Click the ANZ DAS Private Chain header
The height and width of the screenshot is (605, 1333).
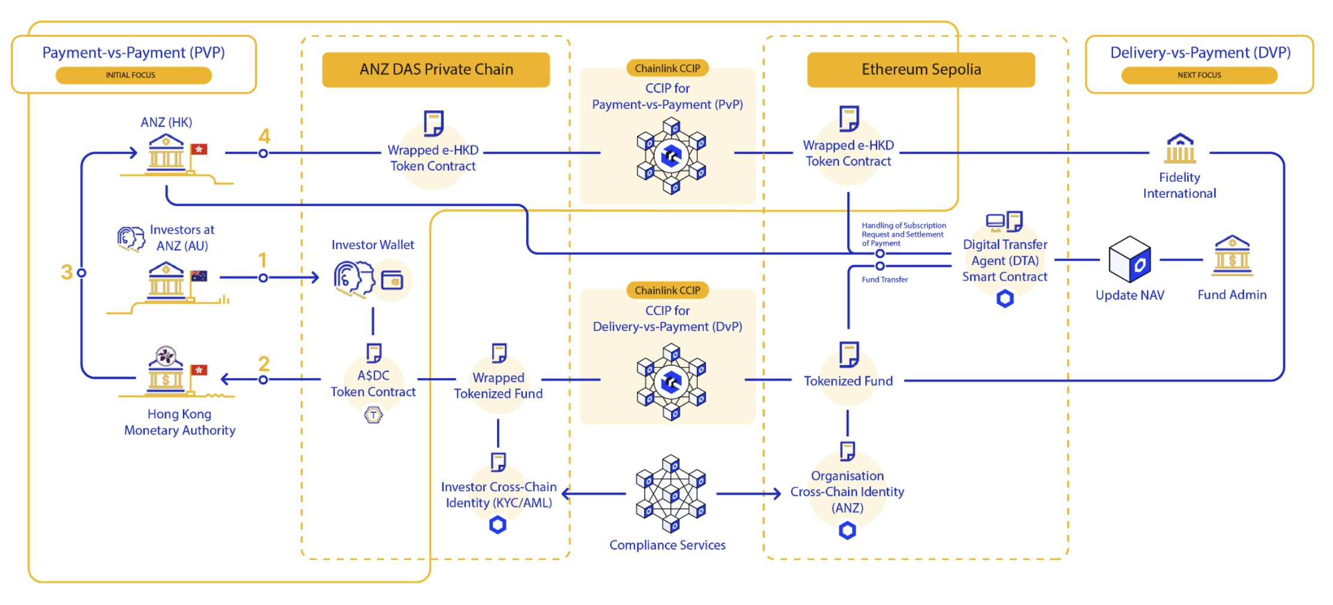tap(435, 69)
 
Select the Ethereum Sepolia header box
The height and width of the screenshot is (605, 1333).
tap(920, 69)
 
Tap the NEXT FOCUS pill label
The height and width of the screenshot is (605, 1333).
tap(1199, 75)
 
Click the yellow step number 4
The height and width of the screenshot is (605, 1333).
tap(264, 136)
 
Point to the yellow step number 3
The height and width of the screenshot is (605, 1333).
tap(66, 272)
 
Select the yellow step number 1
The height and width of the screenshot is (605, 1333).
tap(262, 260)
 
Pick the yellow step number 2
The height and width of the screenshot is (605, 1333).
tap(264, 363)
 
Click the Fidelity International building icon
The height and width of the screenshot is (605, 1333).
tap(1179, 148)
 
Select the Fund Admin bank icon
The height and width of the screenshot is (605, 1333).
tap(1232, 256)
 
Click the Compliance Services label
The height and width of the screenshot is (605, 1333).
tap(667, 545)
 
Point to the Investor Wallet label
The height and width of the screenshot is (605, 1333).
tap(373, 245)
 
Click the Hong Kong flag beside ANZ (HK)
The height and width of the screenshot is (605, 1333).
tap(199, 150)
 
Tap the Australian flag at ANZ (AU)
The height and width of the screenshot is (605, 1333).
tap(199, 276)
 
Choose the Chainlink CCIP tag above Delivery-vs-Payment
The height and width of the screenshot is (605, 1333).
tap(667, 291)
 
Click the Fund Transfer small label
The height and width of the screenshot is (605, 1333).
tap(884, 279)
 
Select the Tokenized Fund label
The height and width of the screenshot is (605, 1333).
tap(848, 381)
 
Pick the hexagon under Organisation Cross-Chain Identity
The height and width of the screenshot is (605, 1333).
tap(847, 530)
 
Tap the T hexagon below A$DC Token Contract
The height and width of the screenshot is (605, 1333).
tap(373, 415)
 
